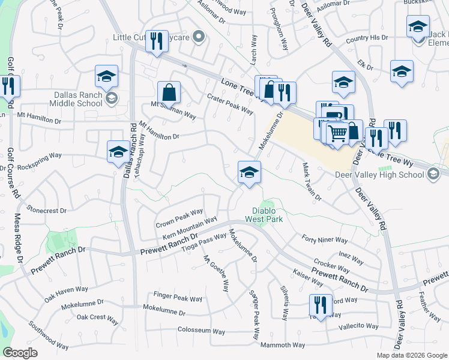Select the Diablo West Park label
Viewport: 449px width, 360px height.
(x=263, y=214)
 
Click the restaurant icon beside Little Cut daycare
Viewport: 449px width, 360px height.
(x=157, y=41)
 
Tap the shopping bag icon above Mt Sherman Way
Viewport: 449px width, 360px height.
(x=169, y=93)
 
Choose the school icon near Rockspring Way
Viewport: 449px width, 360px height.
(x=118, y=152)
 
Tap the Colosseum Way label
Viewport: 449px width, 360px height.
(x=201, y=331)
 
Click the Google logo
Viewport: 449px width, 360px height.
(x=20, y=353)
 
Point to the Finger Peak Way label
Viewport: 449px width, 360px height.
(x=178, y=298)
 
